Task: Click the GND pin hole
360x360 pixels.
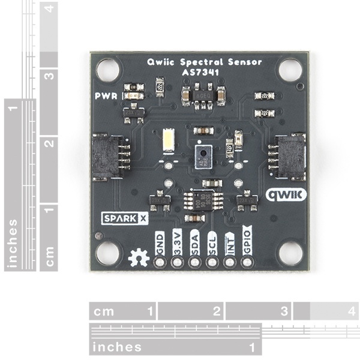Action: click(x=159, y=262)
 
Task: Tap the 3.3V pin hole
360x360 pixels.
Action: click(x=176, y=262)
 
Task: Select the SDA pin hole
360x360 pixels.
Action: click(x=194, y=262)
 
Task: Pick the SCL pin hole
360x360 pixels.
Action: click(x=211, y=262)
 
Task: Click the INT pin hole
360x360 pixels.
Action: click(x=229, y=262)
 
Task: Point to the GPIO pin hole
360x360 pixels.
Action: click(x=246, y=262)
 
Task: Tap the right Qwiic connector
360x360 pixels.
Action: click(x=287, y=157)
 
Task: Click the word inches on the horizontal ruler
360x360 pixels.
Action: click(x=118, y=347)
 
